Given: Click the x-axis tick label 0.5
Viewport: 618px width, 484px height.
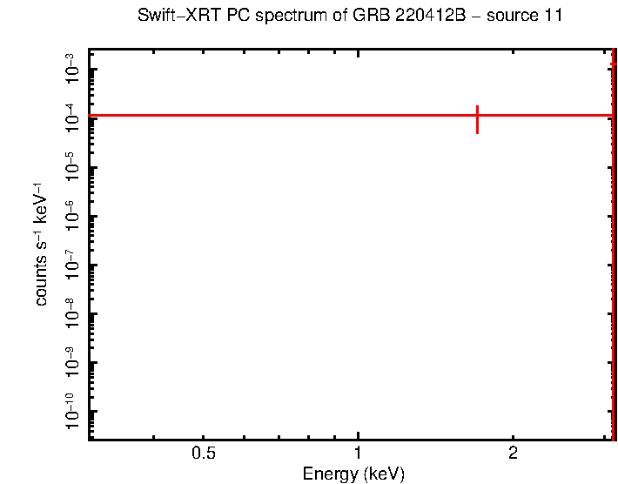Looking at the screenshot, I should tap(204, 454).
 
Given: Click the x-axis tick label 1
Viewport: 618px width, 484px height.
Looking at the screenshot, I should tap(358, 454).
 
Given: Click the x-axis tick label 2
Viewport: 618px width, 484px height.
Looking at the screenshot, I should tap(513, 454).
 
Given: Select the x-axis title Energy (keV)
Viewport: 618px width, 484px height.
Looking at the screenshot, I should tap(353, 474).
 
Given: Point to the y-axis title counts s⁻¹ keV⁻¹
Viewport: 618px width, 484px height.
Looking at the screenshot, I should tap(41, 245).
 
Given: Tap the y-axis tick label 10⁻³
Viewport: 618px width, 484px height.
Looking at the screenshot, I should tap(71, 69).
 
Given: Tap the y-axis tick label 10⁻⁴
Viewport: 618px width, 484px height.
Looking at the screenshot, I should tap(71, 118).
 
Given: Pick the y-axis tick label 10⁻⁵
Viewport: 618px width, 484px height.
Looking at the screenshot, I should tap(71, 166).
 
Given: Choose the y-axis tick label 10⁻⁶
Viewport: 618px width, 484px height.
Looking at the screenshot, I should tap(71, 215).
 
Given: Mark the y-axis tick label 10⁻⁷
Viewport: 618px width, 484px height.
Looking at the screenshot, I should tap(71, 264).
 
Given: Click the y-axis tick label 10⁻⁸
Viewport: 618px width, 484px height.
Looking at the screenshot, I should tap(71, 313).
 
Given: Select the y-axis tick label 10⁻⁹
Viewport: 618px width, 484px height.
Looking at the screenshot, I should tap(71, 361).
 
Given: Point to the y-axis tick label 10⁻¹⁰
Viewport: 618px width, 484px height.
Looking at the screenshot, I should tap(71, 411).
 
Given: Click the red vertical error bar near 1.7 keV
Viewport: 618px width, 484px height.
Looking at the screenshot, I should tap(477, 119).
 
